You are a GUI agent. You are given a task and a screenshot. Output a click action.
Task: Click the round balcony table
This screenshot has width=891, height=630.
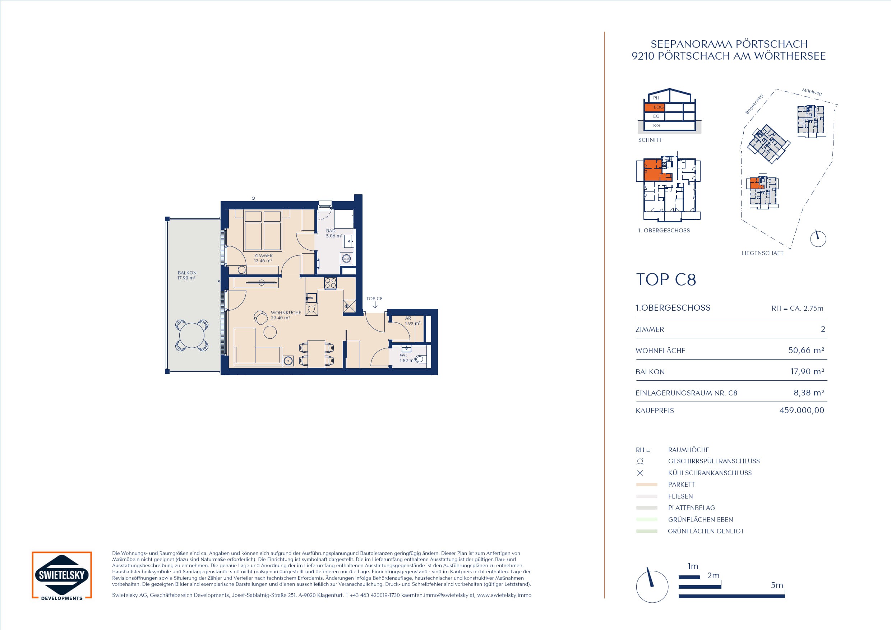192,335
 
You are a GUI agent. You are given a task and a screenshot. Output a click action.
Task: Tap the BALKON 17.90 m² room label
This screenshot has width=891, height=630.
187,275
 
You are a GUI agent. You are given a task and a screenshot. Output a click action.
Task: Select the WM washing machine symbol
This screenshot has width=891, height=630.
346,259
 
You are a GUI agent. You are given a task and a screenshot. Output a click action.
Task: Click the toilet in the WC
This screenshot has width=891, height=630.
420,359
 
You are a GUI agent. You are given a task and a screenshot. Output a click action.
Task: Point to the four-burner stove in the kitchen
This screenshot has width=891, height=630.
331,283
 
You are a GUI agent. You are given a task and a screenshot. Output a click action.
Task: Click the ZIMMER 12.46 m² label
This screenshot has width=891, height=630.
263,258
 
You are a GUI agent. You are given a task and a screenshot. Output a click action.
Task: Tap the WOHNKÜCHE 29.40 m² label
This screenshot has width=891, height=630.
286,315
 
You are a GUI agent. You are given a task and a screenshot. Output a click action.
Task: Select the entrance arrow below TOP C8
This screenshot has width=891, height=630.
375,305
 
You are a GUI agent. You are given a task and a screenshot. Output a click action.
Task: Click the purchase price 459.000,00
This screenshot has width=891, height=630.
802,411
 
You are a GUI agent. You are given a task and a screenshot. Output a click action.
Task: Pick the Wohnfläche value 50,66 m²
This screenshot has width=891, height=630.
806,350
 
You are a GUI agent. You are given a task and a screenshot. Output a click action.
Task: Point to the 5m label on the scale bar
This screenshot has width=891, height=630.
776,585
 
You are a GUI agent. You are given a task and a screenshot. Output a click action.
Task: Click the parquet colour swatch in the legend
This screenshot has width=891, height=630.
647,485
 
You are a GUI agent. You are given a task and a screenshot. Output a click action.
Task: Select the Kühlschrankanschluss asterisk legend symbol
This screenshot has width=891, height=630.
640,473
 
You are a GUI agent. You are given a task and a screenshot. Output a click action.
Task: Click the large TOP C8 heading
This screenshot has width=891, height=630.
666,280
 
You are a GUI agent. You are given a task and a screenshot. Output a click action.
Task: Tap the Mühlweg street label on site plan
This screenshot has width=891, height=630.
812,92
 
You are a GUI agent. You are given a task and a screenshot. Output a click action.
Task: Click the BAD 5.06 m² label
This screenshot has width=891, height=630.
334,233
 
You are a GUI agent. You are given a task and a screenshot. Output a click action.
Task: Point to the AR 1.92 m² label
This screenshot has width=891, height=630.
412,321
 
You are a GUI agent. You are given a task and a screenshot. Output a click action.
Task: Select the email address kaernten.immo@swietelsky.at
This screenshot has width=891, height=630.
438,595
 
